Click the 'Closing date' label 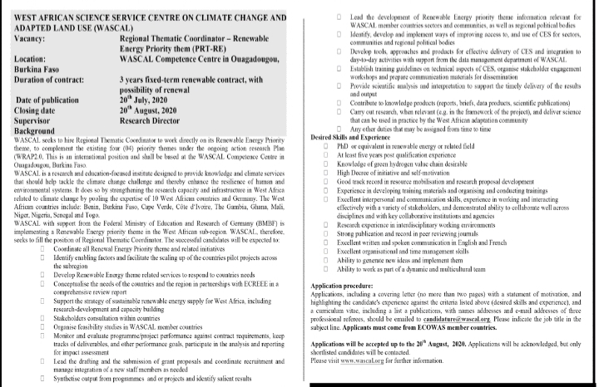[42, 109]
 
